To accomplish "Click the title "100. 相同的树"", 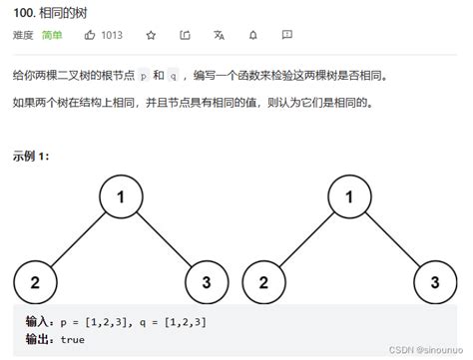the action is (48, 11).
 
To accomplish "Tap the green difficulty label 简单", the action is (51, 35).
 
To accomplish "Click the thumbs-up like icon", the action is (90, 35).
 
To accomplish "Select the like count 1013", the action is (112, 35).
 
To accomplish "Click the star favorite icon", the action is (151, 35).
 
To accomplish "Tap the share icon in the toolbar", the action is (185, 35).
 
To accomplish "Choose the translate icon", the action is (219, 35).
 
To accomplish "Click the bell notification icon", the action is (252, 35).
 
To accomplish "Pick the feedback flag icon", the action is (286, 35).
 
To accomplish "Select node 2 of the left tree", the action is (35, 282).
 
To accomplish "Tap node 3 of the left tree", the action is (207, 282).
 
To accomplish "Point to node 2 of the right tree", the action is (263, 282).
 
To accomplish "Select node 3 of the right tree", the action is (435, 282).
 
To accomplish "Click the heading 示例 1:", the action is (30, 156).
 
